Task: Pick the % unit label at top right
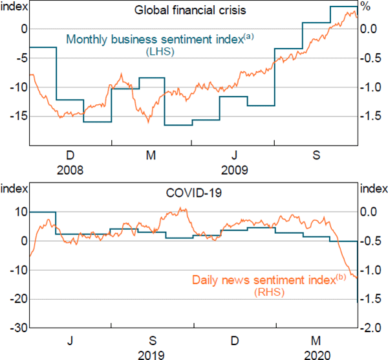(x=365, y=7)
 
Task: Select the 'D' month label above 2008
(x=70, y=155)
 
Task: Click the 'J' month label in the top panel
(x=235, y=155)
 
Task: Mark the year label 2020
(x=317, y=355)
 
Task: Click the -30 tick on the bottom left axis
(x=16, y=328)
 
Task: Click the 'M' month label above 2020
(x=317, y=341)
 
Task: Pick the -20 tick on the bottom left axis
(x=16, y=299)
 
